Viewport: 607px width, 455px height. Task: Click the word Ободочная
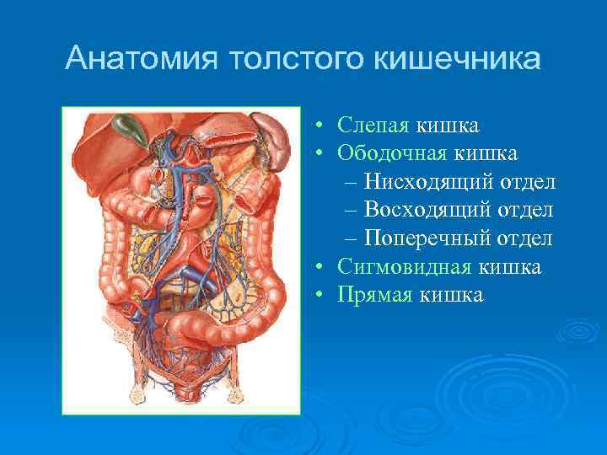point(393,153)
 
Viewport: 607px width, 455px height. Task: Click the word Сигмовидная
point(406,267)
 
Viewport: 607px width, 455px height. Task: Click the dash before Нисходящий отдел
point(351,183)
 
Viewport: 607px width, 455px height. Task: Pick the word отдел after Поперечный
point(524,238)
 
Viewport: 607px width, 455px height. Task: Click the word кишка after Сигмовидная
point(510,267)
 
